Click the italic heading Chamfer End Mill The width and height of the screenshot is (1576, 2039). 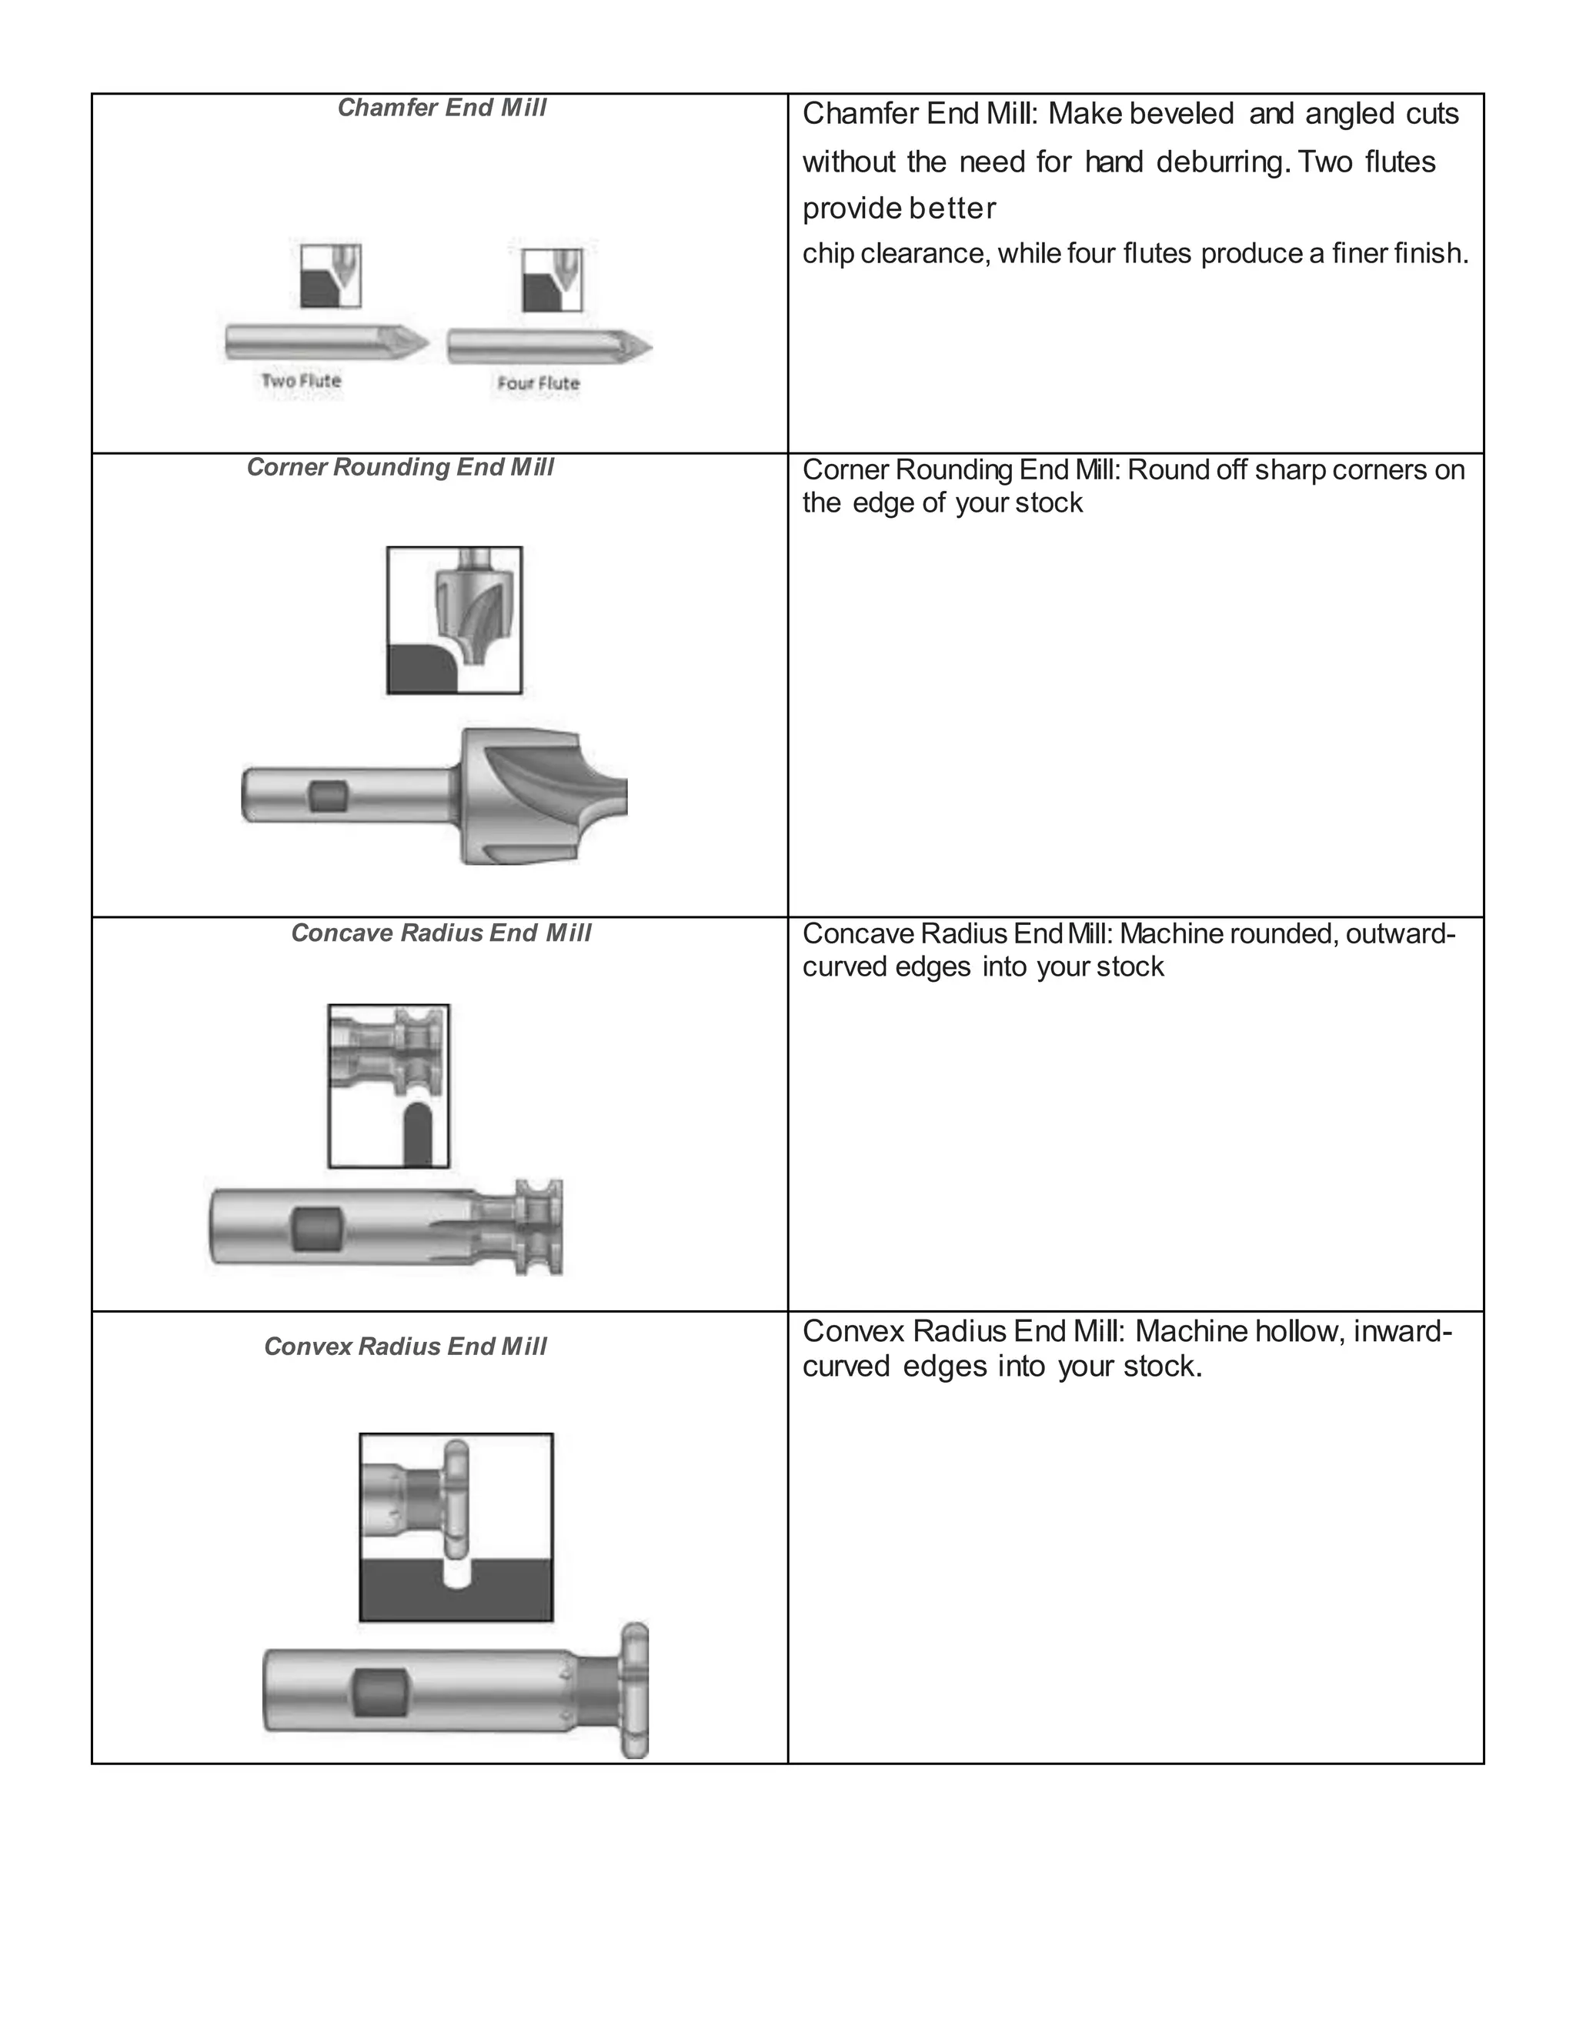click(x=442, y=108)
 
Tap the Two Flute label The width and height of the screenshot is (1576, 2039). click(x=301, y=381)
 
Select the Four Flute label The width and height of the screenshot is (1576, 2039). click(x=538, y=384)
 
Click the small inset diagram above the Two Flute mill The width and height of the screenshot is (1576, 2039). click(x=330, y=276)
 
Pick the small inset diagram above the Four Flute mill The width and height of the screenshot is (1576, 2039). click(x=552, y=280)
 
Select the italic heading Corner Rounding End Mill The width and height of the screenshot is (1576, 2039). click(x=399, y=468)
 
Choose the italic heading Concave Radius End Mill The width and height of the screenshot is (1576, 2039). click(x=441, y=933)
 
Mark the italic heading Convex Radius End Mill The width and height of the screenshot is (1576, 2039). click(x=406, y=1347)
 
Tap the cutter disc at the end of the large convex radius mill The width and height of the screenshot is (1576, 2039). click(x=634, y=1690)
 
